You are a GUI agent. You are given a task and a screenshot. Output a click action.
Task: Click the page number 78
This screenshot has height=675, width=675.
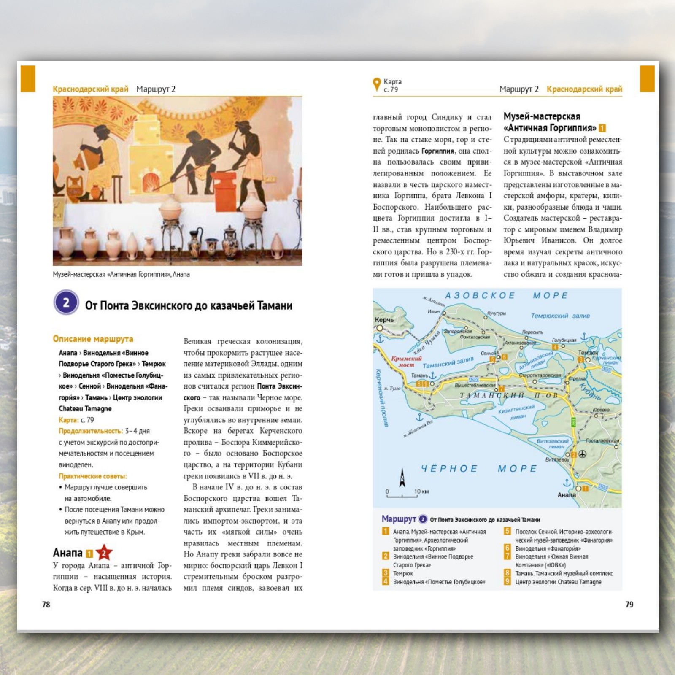(46, 605)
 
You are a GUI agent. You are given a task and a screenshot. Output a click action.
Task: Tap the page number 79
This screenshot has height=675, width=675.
(629, 605)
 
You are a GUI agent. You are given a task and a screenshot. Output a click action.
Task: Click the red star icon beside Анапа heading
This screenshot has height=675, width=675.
(104, 553)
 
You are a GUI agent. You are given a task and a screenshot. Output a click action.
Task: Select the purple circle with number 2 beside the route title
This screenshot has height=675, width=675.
(66, 302)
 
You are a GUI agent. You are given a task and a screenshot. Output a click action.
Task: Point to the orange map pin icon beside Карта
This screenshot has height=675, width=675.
(377, 84)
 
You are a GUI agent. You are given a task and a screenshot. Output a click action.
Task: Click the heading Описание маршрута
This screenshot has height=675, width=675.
(93, 339)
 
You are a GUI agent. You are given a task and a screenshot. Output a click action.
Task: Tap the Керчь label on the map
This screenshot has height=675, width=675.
(384, 320)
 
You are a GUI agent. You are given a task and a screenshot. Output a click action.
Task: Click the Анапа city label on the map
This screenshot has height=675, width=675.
(567, 495)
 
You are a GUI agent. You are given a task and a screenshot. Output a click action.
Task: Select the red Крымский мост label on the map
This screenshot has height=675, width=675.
(406, 362)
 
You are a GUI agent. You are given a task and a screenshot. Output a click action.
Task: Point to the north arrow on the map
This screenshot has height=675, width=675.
(402, 478)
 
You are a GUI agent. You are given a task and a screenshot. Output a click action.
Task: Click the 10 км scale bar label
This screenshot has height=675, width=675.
(421, 491)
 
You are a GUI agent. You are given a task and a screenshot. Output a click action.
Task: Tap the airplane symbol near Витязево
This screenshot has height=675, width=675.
(582, 454)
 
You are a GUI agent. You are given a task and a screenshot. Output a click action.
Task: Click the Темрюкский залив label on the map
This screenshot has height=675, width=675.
(560, 316)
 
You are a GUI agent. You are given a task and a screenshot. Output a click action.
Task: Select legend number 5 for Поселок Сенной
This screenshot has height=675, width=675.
(508, 531)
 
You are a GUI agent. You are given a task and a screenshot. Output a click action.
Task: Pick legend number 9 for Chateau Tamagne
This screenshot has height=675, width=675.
(508, 581)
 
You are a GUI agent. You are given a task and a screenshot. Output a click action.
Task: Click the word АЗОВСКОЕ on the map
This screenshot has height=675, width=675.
(480, 295)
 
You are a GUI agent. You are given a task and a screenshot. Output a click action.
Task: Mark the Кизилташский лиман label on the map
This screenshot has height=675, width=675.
(517, 412)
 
